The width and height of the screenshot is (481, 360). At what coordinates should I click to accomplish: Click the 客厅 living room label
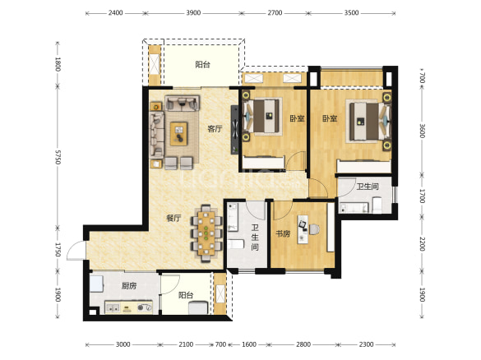click(x=215, y=129)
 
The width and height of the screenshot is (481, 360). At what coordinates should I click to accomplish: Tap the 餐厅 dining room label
click(x=173, y=218)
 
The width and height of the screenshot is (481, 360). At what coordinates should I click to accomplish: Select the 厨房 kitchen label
click(x=129, y=286)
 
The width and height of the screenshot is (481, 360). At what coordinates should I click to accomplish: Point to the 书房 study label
click(x=283, y=233)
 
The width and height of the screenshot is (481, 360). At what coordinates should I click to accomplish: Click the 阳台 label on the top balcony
click(x=203, y=64)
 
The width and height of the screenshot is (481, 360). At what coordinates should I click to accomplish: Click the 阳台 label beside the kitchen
click(x=186, y=295)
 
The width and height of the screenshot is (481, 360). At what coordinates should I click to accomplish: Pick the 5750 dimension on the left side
click(x=58, y=157)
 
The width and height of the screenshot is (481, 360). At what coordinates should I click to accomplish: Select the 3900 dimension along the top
click(x=193, y=13)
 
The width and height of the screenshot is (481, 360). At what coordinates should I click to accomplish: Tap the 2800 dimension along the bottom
click(x=303, y=344)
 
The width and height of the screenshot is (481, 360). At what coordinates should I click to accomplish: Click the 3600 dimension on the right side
click(x=422, y=131)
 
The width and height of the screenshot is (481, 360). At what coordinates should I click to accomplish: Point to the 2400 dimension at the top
click(x=115, y=13)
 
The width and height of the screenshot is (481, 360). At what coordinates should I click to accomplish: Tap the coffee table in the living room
click(x=179, y=134)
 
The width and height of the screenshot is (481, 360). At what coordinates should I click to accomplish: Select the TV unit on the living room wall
click(x=234, y=129)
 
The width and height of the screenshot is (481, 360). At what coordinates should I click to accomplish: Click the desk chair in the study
click(x=314, y=229)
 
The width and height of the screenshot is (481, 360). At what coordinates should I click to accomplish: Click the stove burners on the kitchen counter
click(x=144, y=307)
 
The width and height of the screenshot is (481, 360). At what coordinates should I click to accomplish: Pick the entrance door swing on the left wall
click(x=76, y=251)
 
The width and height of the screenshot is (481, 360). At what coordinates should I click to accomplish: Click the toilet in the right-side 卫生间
click(x=377, y=204)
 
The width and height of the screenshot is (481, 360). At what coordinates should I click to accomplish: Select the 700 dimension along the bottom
click(x=220, y=344)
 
